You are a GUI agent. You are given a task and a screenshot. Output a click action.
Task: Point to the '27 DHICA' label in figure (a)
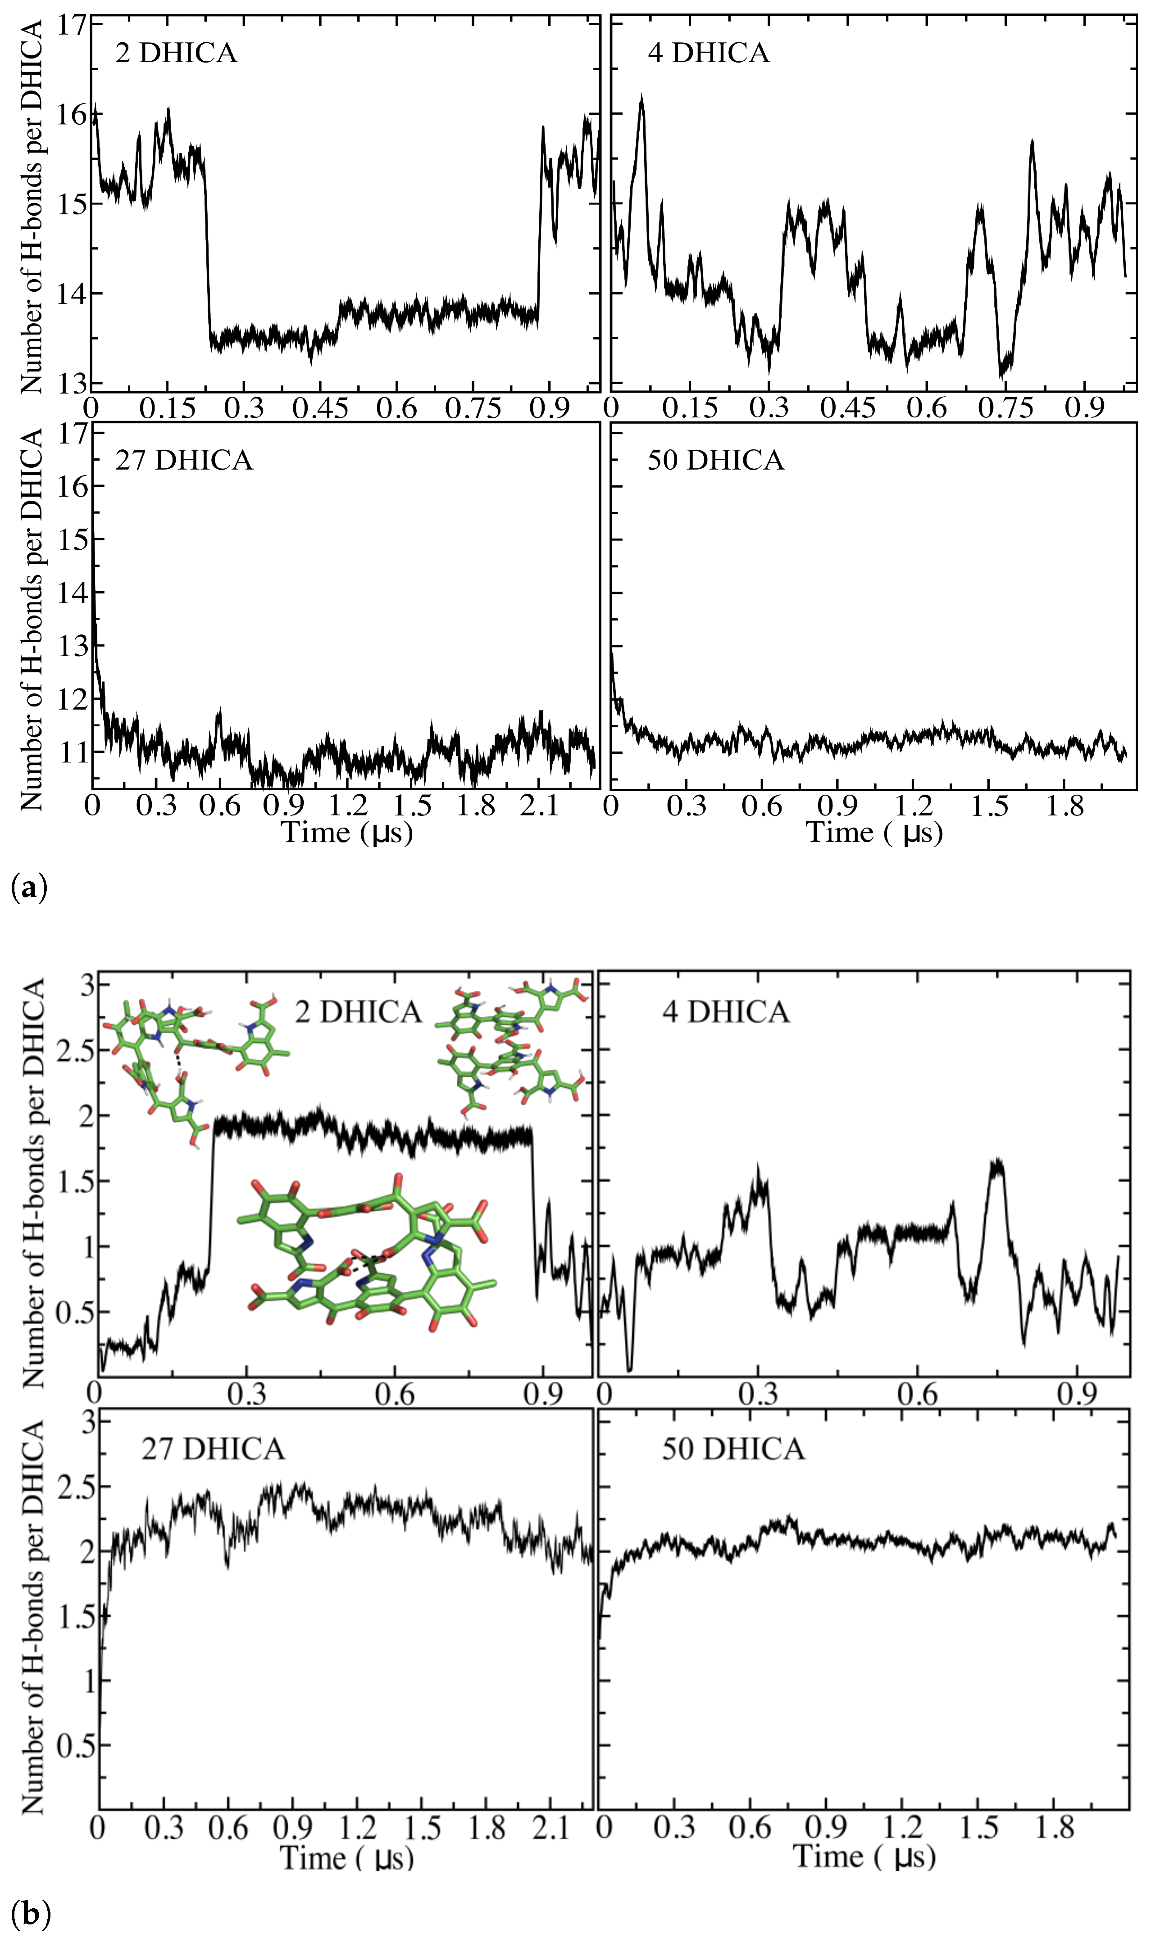coord(184,461)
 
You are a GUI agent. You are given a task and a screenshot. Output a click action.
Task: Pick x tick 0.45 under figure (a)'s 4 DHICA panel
coord(849,408)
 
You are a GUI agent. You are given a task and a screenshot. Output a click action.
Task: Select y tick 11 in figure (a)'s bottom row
coord(74,752)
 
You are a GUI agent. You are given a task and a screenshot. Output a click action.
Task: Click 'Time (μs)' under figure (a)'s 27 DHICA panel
coord(346,833)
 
